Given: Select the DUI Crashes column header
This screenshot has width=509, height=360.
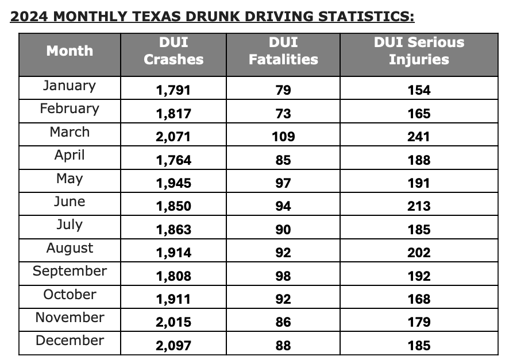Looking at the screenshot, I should point(173,51).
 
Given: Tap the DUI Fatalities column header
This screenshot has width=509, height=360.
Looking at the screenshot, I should point(283,51).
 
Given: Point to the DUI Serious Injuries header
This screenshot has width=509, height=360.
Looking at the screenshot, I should point(419,51).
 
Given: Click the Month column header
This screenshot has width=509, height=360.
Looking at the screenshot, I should point(70,51).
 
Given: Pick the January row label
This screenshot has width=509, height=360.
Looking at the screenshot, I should point(70,86).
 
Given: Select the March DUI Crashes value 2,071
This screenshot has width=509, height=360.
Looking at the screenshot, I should point(173,137).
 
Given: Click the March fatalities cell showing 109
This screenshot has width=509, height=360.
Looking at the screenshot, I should point(283,137).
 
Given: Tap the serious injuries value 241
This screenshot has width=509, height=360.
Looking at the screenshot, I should point(419,137).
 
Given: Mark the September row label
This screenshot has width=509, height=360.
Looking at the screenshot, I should point(70,271).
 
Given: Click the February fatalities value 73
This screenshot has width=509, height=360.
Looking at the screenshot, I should point(283,114).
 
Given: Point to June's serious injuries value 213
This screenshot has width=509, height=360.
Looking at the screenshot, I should point(419,207).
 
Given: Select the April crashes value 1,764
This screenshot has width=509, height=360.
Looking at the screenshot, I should point(173,160).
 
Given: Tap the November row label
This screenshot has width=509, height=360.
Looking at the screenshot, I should point(70,318).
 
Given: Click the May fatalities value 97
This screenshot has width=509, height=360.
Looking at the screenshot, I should point(283,184).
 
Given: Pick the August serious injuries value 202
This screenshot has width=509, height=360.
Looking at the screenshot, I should point(419,253).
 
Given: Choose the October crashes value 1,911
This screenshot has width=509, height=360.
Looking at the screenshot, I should point(173,300).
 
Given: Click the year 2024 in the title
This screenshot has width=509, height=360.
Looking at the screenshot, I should point(30,16).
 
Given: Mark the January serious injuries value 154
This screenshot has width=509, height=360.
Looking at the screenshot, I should point(419,91).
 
